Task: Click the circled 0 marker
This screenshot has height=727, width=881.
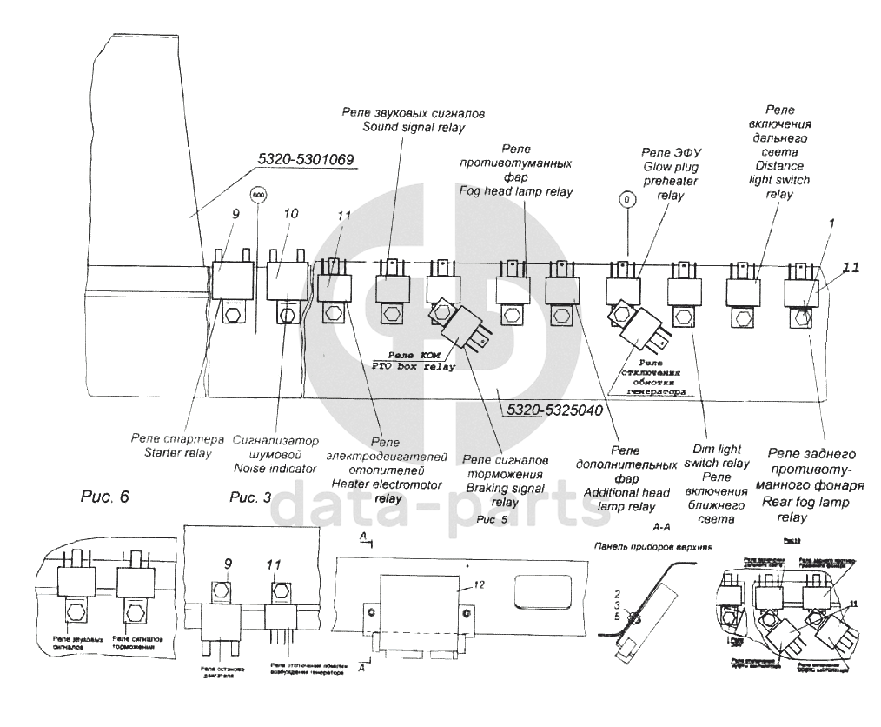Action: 626,200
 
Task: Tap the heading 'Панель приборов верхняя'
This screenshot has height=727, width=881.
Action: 653,548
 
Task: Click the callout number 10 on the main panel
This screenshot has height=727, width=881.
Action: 290,213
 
